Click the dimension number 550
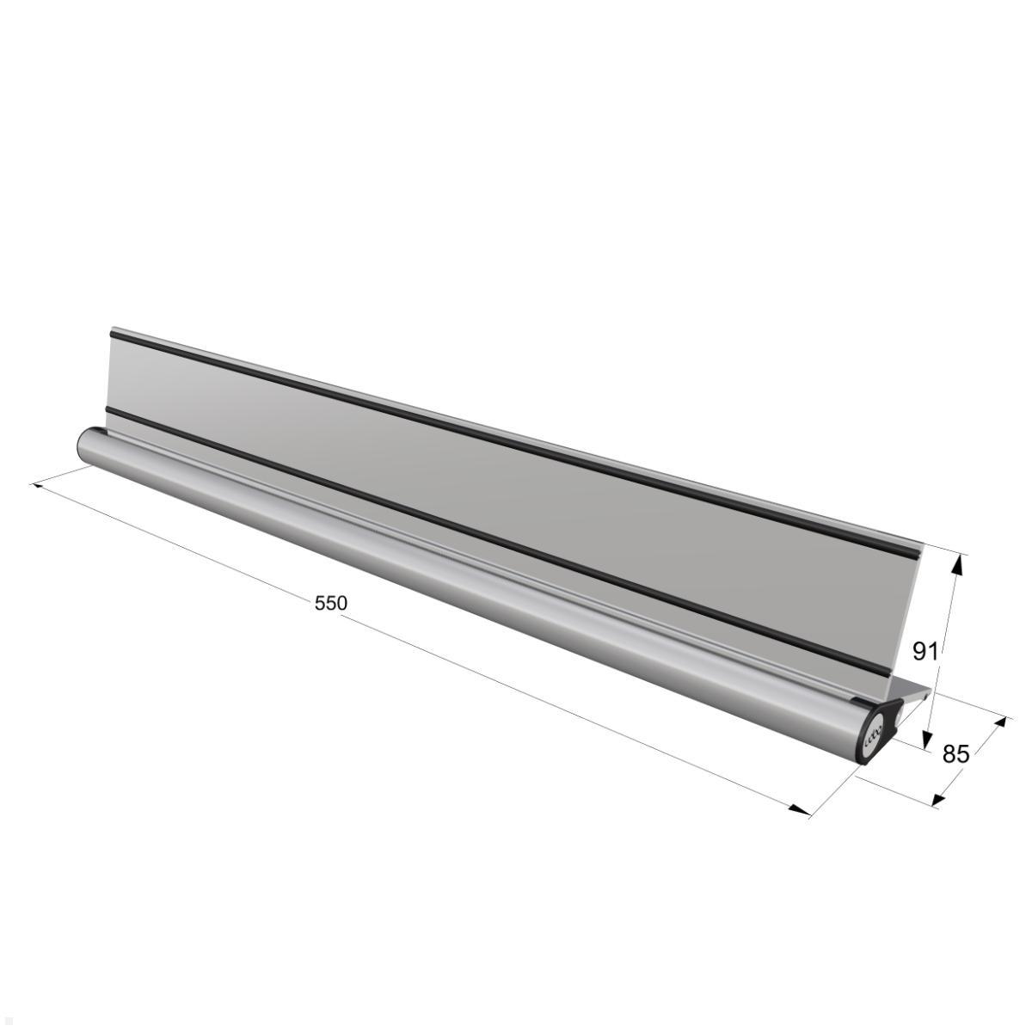330,604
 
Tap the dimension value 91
924,652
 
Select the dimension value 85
955,754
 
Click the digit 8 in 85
949,754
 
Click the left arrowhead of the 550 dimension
40,486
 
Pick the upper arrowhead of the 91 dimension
958,562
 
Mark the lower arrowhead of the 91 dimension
926,740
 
